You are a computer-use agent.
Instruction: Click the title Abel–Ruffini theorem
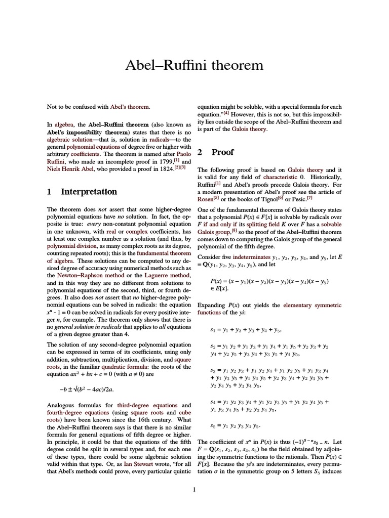click(x=194, y=65)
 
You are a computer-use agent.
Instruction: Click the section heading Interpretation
click(x=89, y=192)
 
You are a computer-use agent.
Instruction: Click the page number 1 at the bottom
click(x=194, y=489)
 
